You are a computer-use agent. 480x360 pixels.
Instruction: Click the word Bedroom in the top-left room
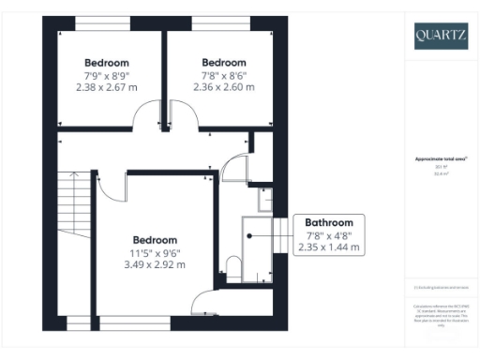[x=106, y=63]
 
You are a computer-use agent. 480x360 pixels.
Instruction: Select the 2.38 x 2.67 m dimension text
[x=106, y=86]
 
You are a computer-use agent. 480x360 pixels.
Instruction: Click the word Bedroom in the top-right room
[x=224, y=63]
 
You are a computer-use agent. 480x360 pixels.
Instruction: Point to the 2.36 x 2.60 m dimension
[x=224, y=86]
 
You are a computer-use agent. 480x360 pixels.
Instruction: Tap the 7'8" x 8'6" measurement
[x=224, y=75]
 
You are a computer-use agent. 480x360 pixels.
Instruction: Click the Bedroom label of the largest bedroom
[x=155, y=239]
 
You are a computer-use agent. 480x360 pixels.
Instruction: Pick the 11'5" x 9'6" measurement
[x=155, y=251]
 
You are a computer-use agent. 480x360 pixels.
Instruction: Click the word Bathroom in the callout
[x=328, y=223]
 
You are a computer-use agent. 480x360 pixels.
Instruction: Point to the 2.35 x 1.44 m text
[x=328, y=247]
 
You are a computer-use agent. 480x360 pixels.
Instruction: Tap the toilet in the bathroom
[x=233, y=264]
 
